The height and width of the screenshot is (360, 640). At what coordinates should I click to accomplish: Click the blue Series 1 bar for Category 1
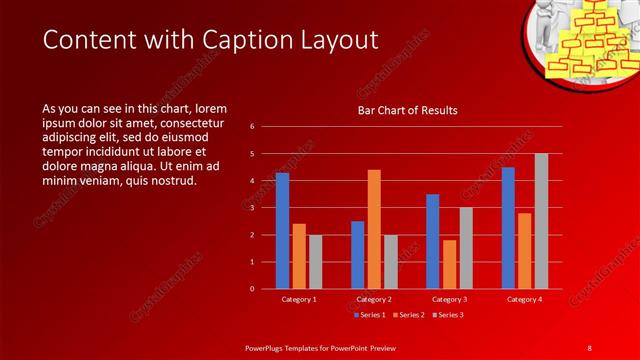tap(282, 231)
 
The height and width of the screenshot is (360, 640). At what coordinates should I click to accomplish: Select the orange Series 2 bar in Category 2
tap(374, 229)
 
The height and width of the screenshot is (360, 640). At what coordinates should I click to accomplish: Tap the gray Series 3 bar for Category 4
tap(541, 221)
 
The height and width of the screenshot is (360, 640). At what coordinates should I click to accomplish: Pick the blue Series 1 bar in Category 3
tap(432, 241)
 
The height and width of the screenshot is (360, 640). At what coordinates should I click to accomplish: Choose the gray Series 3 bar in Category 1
tap(315, 262)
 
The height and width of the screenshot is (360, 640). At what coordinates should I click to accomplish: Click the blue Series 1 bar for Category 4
tap(508, 228)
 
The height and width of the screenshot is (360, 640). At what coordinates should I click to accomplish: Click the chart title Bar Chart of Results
tap(407, 111)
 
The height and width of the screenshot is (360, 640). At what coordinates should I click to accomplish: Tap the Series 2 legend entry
tap(407, 315)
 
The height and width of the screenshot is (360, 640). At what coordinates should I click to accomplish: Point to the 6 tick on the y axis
tap(252, 127)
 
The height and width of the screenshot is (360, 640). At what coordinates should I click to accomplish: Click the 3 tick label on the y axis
tap(252, 208)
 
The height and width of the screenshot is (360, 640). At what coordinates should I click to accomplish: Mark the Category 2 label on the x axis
tap(374, 299)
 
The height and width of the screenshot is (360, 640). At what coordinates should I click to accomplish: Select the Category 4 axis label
tap(524, 299)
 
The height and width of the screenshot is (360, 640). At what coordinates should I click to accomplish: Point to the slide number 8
tap(589, 346)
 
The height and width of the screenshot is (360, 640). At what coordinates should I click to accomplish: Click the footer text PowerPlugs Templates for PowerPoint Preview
tap(320, 346)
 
